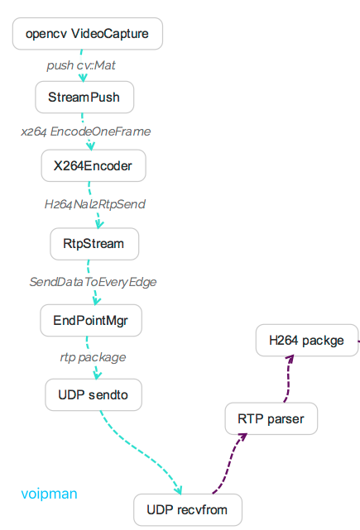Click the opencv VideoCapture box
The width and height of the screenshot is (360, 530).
[87, 34]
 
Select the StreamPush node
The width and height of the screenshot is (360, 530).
[84, 97]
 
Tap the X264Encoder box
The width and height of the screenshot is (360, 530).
[93, 165]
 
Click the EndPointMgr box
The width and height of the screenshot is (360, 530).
[91, 319]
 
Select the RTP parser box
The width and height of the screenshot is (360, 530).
[271, 419]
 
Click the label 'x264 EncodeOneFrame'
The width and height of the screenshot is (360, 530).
[86, 131]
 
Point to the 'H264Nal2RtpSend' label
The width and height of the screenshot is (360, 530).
[96, 204]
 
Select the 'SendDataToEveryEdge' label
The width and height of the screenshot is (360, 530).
[93, 281]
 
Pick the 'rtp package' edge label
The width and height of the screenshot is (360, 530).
[93, 357]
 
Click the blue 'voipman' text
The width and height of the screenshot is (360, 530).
[49, 494]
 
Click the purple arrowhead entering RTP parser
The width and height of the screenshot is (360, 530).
[242, 437]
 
